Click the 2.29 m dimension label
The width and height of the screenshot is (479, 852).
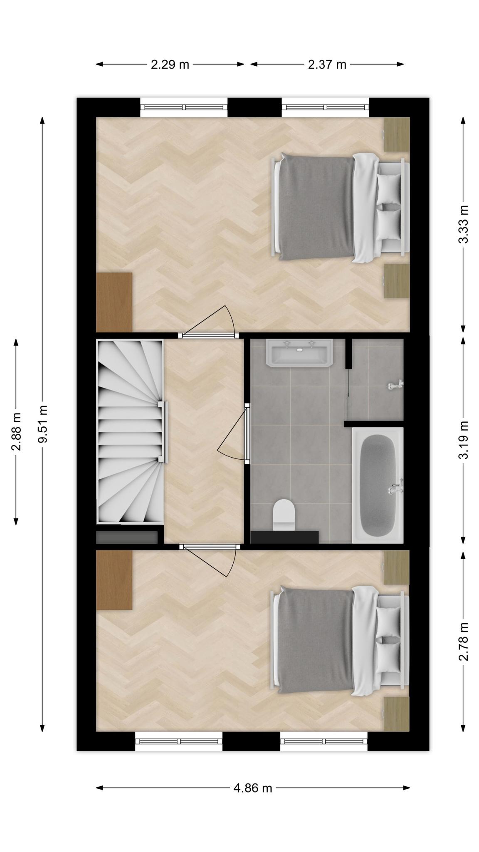170,64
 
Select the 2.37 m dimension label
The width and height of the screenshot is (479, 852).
327,64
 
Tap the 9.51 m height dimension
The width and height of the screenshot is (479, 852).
42,424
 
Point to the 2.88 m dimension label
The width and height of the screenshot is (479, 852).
16,431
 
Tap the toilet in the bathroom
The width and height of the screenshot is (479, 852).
284,515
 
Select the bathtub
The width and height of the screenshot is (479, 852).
378,485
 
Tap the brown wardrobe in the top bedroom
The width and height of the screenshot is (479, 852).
114,302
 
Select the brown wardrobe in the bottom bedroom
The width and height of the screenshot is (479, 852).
114,580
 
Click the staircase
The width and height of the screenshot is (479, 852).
130,431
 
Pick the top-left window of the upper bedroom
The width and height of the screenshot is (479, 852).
184,107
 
